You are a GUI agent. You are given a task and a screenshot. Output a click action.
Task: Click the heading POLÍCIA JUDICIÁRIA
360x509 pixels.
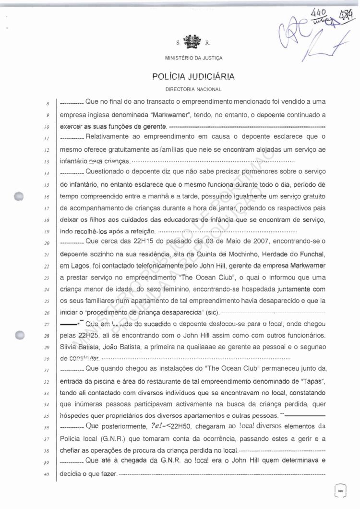click(x=193, y=76)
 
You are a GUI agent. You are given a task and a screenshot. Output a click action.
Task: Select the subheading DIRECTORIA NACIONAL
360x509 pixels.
click(x=193, y=89)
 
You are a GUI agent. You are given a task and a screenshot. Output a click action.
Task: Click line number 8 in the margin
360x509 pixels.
click(x=48, y=103)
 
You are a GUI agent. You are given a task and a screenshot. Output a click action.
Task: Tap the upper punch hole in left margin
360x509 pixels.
click(x=20, y=196)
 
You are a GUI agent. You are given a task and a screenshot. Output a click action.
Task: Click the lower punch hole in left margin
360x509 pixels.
click(x=20, y=336)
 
